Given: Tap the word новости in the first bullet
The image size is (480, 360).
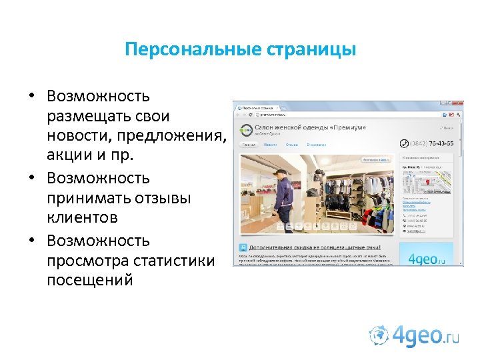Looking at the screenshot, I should (75, 137).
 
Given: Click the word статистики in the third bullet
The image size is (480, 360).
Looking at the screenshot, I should (174, 261).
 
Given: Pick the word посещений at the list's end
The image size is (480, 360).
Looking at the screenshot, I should (90, 280).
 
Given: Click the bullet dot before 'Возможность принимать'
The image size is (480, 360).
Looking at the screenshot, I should (31, 179).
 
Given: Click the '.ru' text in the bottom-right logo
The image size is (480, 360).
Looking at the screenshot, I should (451, 339).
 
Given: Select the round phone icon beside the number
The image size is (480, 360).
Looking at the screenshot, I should (403, 143).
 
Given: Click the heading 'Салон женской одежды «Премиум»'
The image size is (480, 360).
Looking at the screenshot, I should (313, 127).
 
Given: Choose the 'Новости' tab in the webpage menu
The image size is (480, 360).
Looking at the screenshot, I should (270, 144).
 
